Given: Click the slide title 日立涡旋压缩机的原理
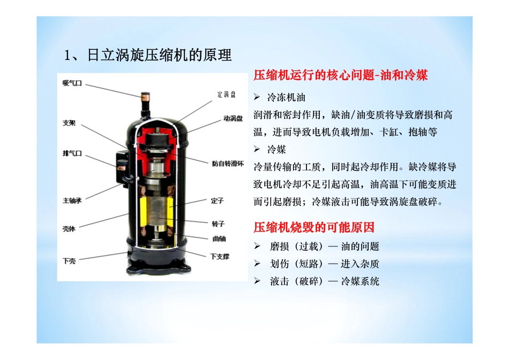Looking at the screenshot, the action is pyautogui.click(x=159, y=55).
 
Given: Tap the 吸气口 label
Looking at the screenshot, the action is pyautogui.click(x=72, y=84).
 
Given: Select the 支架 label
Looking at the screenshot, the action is pyautogui.click(x=69, y=123).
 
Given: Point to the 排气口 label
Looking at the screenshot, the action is pyautogui.click(x=72, y=153).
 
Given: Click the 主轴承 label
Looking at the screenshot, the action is pyautogui.click(x=72, y=200).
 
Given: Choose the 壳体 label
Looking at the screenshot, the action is pyautogui.click(x=69, y=229).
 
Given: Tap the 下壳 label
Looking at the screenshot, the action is pyautogui.click(x=69, y=261).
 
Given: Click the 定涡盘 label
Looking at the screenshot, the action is pyautogui.click(x=227, y=94).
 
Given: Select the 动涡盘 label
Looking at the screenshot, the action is pyautogui.click(x=233, y=118).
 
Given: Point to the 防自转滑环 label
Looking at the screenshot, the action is pyautogui.click(x=228, y=163).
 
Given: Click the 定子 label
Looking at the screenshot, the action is pyautogui.click(x=217, y=200).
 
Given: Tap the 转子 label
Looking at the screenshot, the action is pyautogui.click(x=218, y=224).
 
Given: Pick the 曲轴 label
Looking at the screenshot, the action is pyautogui.click(x=219, y=239).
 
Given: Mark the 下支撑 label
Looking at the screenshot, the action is pyautogui.click(x=220, y=257).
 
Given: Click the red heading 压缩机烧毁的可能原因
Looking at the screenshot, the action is pyautogui.click(x=314, y=227).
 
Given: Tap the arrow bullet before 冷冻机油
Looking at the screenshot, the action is pyautogui.click(x=257, y=97).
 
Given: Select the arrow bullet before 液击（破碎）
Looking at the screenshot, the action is pyautogui.click(x=257, y=281).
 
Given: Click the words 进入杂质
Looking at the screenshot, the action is pyautogui.click(x=360, y=264).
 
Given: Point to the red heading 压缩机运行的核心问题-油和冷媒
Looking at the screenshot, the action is pyautogui.click(x=341, y=75).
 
